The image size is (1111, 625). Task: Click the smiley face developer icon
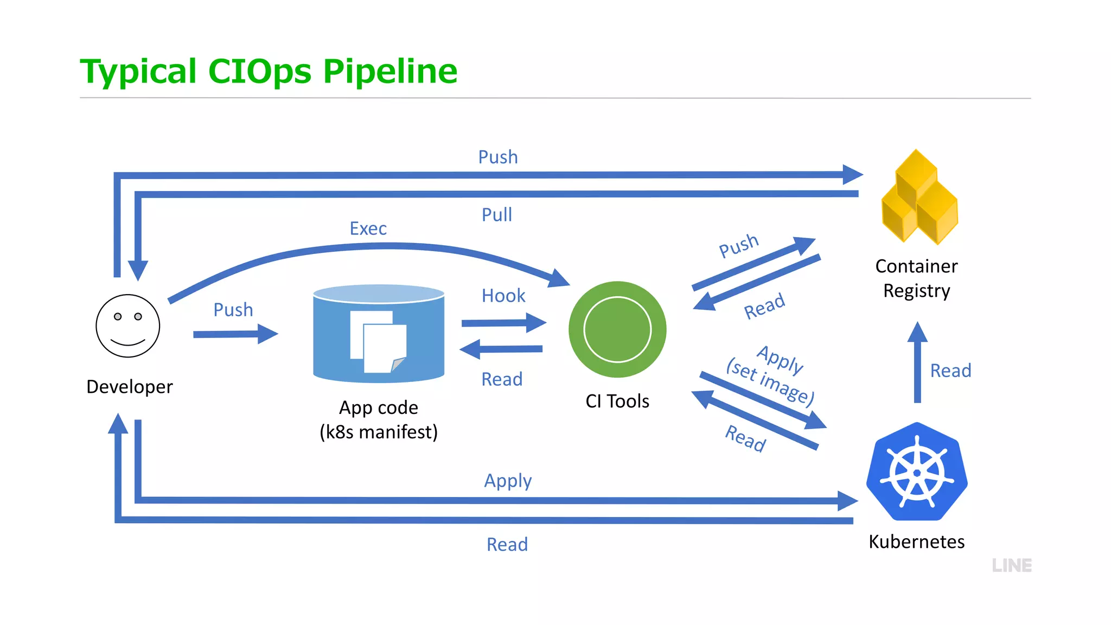tap(127, 326)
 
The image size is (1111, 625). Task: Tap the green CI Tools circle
tap(617, 329)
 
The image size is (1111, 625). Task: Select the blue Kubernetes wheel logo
tap(917, 472)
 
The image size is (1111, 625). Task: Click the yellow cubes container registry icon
tap(919, 197)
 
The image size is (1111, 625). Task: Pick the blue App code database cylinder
tap(379, 333)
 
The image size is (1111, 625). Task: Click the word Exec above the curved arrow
tap(368, 228)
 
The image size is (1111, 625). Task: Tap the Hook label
tap(503, 296)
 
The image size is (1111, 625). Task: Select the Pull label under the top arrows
tap(496, 215)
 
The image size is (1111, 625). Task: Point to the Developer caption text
tap(129, 387)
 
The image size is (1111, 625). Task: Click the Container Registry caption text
tap(916, 278)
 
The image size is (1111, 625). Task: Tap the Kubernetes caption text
tap(916, 541)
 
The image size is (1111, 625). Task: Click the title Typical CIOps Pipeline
tap(269, 71)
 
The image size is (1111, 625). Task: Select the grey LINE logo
tap(1012, 565)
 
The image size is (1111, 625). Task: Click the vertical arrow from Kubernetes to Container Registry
tap(917, 363)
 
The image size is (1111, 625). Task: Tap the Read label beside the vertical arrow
tap(950, 371)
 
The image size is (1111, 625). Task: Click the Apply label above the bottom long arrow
tap(508, 481)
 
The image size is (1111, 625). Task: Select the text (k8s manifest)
tap(378, 432)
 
